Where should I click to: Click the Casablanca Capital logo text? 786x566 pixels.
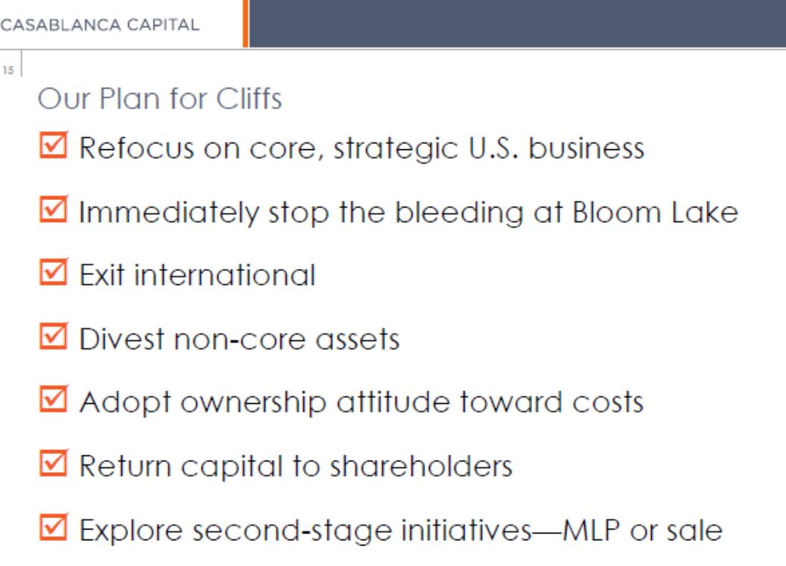coord(100,24)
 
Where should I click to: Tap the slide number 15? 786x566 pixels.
coord(8,70)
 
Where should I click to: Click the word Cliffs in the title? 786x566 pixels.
coord(249,99)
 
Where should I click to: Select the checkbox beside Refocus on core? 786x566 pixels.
coord(54,145)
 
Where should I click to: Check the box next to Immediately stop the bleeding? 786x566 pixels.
coord(54,209)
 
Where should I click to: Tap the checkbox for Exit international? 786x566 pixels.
coord(54,272)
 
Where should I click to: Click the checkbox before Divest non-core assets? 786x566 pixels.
coord(54,336)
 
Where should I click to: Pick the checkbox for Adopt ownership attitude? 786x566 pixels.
coord(54,399)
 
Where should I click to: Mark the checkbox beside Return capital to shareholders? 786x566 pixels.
coord(54,463)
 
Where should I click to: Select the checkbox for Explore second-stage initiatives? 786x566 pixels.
coord(54,527)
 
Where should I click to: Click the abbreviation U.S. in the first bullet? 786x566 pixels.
coord(493,149)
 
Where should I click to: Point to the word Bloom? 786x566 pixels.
coord(617,212)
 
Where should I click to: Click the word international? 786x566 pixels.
coord(225,275)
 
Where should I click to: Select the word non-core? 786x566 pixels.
coord(240,339)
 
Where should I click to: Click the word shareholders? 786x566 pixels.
coord(421,466)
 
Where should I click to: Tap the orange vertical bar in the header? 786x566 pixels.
coord(246,23)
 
